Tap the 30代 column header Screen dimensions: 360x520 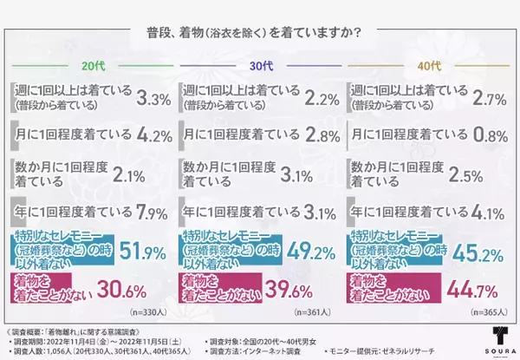[x=260, y=66]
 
